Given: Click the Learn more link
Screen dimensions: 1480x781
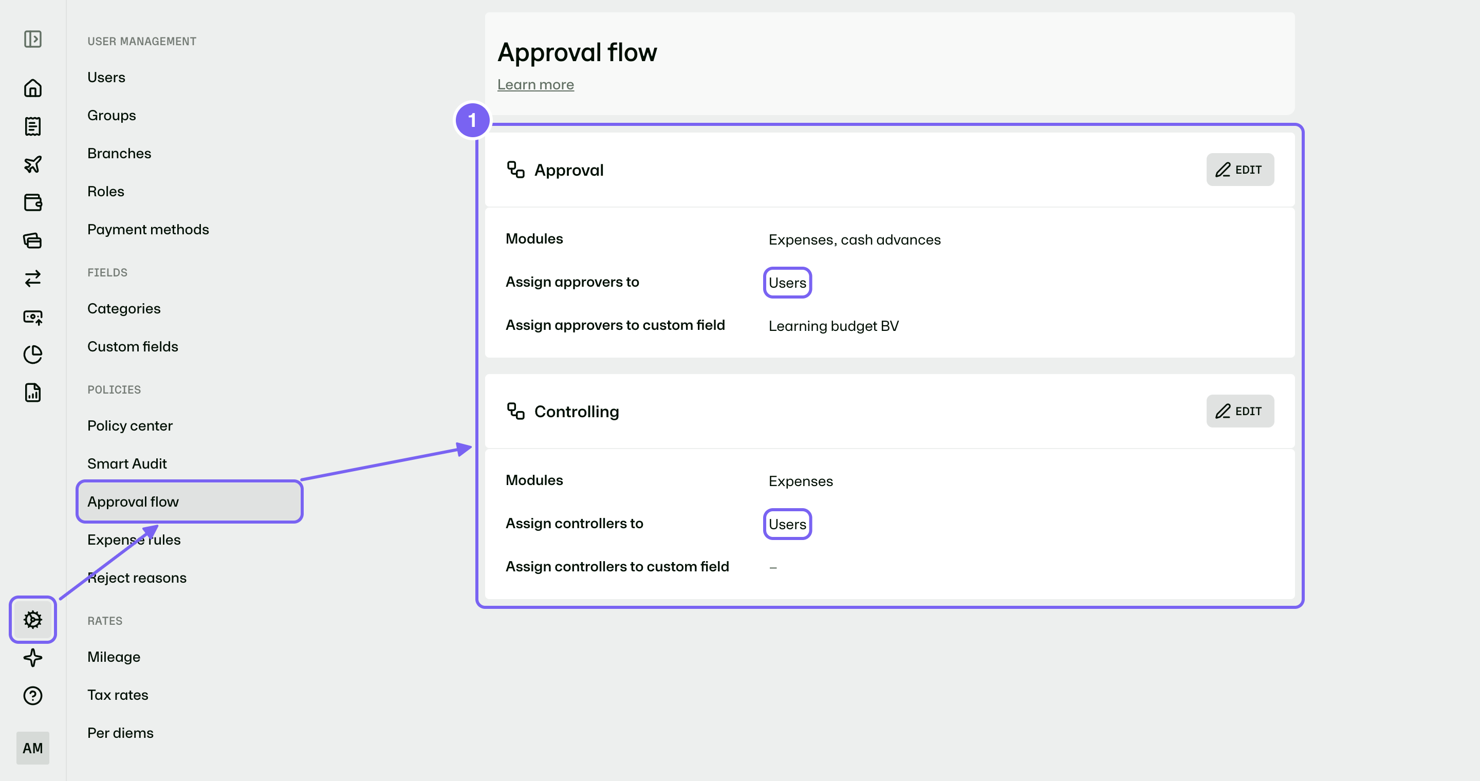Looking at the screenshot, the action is click(x=535, y=84).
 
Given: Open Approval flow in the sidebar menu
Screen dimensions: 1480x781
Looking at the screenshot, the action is click(x=133, y=501).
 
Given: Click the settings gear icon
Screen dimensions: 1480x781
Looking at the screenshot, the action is click(x=33, y=619).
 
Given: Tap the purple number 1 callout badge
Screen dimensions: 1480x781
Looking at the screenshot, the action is click(x=472, y=120).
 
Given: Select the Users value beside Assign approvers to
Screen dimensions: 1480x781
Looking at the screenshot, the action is click(x=787, y=283).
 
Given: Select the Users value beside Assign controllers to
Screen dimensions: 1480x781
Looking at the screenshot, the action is click(x=787, y=524).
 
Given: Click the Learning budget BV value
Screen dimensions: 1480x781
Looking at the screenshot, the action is click(x=833, y=326).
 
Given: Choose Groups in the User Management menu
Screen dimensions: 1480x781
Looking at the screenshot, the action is click(x=112, y=115).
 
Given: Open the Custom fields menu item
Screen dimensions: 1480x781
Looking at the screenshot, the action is click(x=133, y=346).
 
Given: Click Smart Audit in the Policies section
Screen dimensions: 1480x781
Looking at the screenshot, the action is click(x=127, y=463).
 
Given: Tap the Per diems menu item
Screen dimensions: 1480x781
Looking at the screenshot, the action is click(x=120, y=733).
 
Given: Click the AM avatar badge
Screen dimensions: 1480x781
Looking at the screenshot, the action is click(x=33, y=748).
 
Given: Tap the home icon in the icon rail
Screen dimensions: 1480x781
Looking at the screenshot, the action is click(x=33, y=88).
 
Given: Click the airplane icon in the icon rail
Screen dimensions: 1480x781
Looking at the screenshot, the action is click(x=33, y=164).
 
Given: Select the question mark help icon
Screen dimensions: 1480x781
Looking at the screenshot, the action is click(x=33, y=695).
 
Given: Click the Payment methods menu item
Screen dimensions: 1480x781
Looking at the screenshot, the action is click(x=147, y=229).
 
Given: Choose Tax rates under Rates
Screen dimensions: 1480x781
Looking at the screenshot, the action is click(x=118, y=695).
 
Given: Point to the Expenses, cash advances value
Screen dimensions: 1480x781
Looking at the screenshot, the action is click(x=854, y=239).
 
